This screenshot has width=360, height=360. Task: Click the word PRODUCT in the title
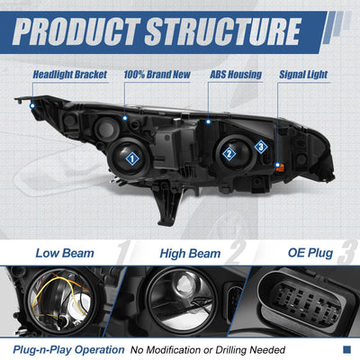(76, 31)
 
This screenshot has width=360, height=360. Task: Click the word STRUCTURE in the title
(223, 31)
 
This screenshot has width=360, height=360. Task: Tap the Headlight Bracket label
(70, 75)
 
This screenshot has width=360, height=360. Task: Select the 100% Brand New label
(157, 75)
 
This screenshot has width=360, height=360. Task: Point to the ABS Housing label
(236, 75)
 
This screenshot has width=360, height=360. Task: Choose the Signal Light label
(303, 75)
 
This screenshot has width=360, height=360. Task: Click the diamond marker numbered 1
(132, 158)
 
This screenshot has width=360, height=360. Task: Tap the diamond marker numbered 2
(229, 154)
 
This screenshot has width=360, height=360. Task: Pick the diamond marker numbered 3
(261, 147)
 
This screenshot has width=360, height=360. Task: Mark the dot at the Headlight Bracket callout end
(32, 105)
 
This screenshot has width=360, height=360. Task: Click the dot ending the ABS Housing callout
(208, 121)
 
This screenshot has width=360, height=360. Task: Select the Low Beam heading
(65, 253)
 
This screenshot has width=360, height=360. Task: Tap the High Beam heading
(190, 254)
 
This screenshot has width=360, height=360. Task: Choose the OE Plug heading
(310, 253)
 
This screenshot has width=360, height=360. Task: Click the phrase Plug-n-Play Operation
(68, 350)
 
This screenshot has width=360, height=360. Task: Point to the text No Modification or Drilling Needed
(208, 350)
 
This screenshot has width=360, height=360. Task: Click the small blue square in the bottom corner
(346, 349)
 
